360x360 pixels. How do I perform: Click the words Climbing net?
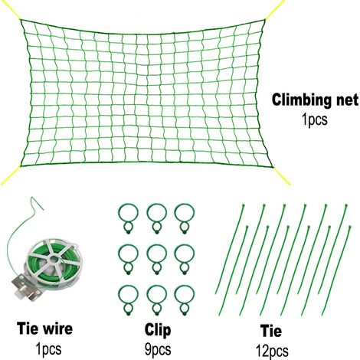tap(315, 100)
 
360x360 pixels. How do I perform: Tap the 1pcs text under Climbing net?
tap(315, 119)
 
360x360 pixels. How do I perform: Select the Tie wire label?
tap(44, 328)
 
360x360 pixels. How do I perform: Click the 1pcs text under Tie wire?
tap(48, 349)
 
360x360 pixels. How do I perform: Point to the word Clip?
tap(158, 330)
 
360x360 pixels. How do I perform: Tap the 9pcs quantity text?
tap(158, 349)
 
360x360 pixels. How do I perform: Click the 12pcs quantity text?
tap(272, 351)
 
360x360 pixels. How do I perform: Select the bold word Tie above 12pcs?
tap(271, 331)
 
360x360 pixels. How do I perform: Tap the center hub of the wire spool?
tap(54, 260)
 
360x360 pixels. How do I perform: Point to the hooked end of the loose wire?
tap(37, 203)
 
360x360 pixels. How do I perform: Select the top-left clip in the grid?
tap(128, 218)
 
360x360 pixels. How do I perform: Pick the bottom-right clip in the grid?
tap(185, 300)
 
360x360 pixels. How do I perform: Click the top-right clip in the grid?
tap(185, 218)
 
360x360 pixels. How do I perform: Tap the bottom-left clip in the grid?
tap(128, 300)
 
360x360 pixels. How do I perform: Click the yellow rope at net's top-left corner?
tap(10, 10)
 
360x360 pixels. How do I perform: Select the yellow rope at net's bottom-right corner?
tap(281, 175)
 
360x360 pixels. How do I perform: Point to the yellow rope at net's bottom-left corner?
tap(10, 175)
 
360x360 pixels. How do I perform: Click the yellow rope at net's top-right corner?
tap(274, 10)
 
